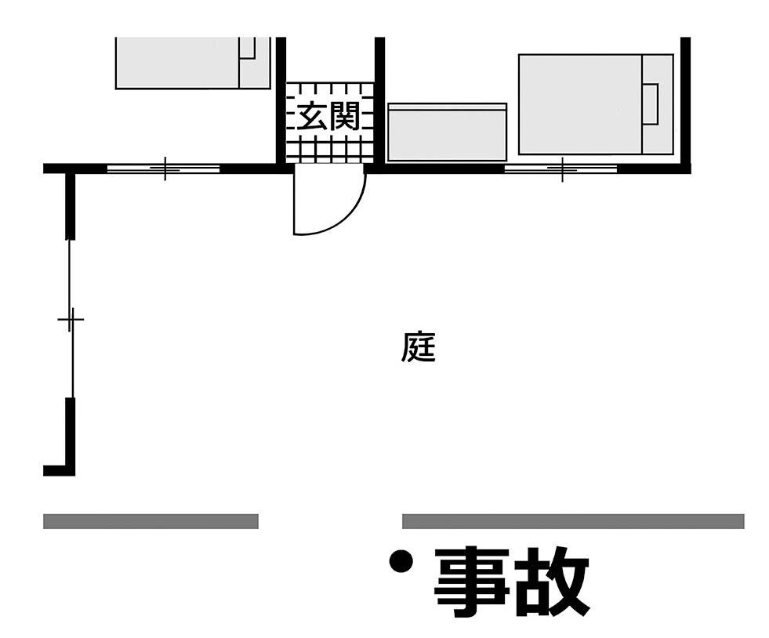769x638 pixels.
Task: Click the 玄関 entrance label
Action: pyautogui.click(x=328, y=118)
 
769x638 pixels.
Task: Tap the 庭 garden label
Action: pyautogui.click(x=418, y=348)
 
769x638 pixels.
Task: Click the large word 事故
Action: pyautogui.click(x=510, y=582)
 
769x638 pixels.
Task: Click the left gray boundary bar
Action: pyautogui.click(x=151, y=521)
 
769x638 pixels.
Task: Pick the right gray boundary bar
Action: pyautogui.click(x=572, y=521)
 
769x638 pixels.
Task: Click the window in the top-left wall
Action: pyautogui.click(x=164, y=169)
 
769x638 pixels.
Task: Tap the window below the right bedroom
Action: pyautogui.click(x=561, y=169)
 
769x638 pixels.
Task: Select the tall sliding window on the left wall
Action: pyautogui.click(x=71, y=319)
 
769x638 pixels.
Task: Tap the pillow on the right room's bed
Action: pyautogui.click(x=650, y=103)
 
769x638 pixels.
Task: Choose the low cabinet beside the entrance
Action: pyautogui.click(x=447, y=132)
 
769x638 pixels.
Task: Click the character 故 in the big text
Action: pyautogui.click(x=552, y=582)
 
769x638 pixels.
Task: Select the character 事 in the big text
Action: pyautogui.click(x=470, y=582)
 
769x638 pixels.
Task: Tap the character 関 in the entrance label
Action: pyautogui.click(x=345, y=118)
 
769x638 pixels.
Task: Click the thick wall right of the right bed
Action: pyautogui.click(x=685, y=102)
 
